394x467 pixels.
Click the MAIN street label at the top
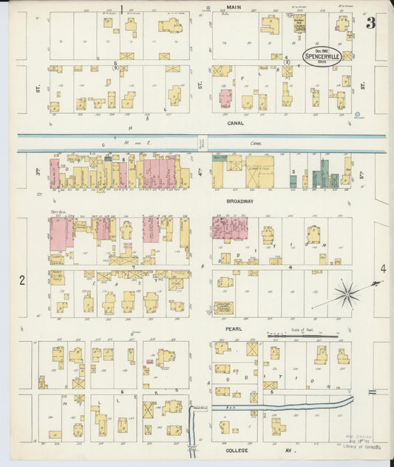(234, 7)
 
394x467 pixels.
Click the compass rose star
(345, 295)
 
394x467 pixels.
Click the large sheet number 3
(370, 23)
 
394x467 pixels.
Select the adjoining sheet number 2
(23, 280)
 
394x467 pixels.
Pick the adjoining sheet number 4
(384, 269)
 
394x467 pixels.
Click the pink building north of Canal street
(225, 98)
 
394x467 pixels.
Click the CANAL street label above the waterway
(237, 124)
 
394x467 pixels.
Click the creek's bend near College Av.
(194, 411)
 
